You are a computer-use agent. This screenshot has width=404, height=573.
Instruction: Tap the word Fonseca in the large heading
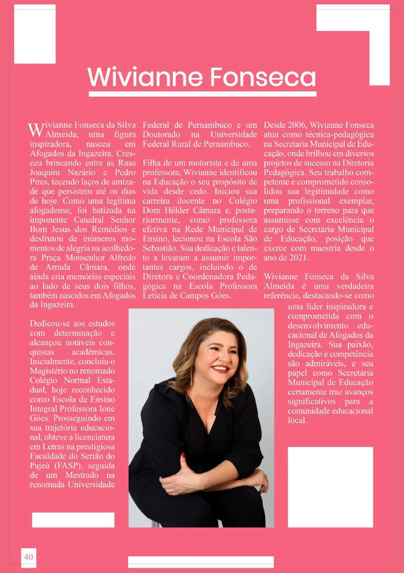[263, 77]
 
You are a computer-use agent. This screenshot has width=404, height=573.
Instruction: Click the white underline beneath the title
[202, 94]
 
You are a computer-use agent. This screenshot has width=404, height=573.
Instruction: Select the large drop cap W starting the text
[35, 130]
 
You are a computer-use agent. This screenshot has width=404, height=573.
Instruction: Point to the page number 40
[28, 557]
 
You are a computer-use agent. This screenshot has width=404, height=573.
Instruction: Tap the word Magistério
[48, 371]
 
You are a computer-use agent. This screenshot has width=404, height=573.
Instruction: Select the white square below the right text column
[330, 487]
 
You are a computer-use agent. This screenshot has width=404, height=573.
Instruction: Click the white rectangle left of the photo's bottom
[73, 520]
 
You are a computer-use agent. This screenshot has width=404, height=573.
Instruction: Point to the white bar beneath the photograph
[201, 562]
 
